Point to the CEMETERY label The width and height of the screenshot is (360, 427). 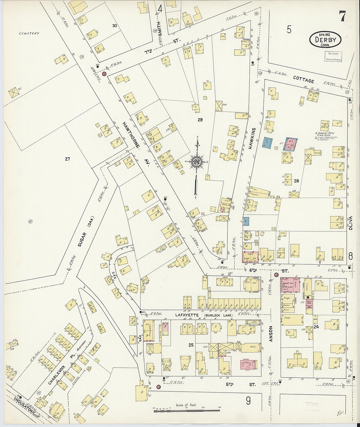tap(29, 33)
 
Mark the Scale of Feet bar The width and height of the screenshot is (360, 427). tap(187, 409)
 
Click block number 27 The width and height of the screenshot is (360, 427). tap(67, 159)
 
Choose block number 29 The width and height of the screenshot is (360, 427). tap(200, 120)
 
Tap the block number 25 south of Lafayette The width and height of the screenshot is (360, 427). tap(191, 345)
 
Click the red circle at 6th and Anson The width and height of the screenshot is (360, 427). tap(276, 275)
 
